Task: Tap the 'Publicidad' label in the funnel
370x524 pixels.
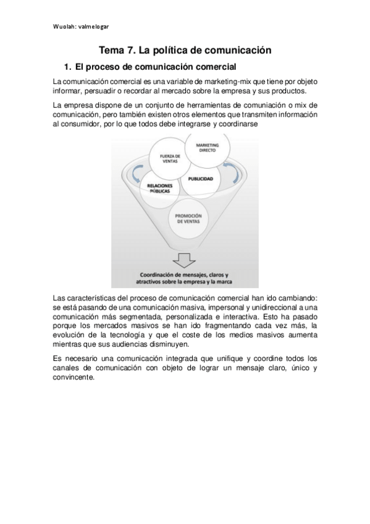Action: [x=201, y=179]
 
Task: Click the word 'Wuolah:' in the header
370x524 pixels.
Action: [x=64, y=27]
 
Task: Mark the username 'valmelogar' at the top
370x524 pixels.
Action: [x=93, y=27]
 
